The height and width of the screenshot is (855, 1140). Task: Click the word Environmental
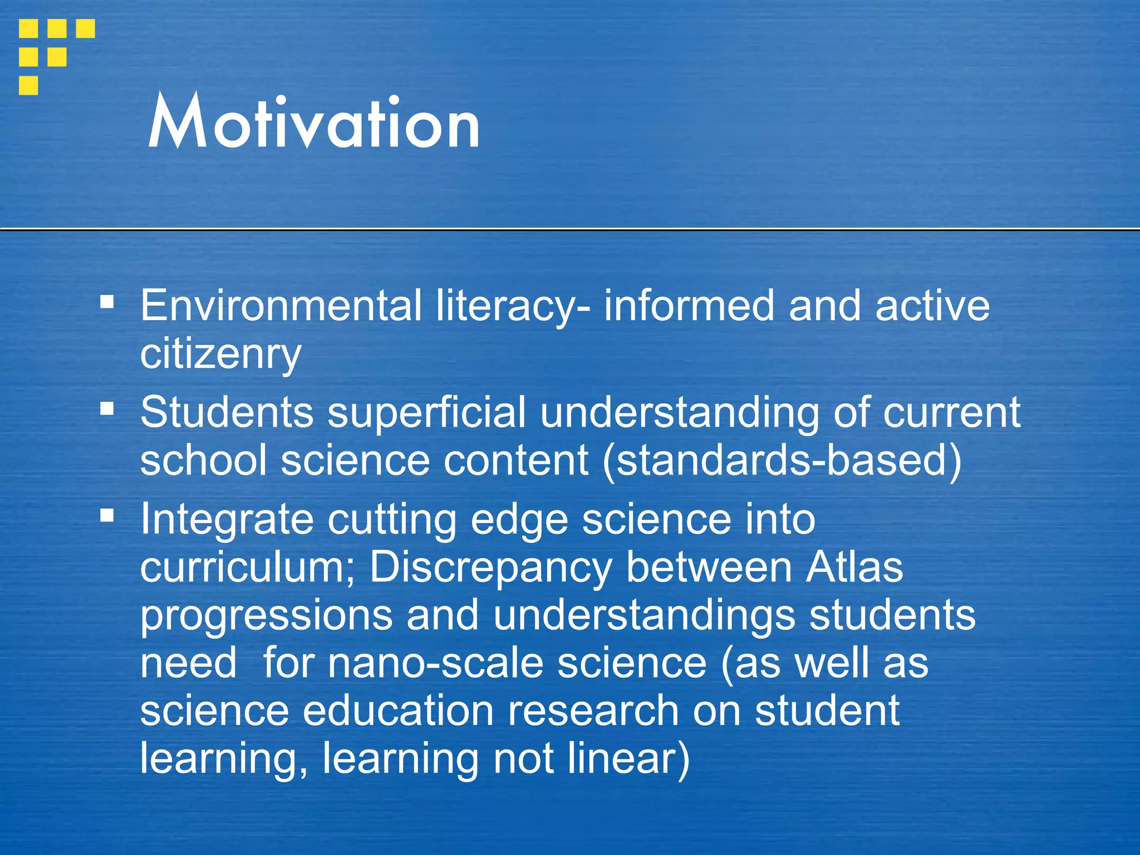click(281, 306)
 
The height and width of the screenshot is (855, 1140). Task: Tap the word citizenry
click(220, 354)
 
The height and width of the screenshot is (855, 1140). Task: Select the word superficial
click(426, 412)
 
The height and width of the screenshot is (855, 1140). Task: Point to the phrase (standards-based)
click(782, 461)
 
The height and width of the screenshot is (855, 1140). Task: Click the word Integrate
click(227, 519)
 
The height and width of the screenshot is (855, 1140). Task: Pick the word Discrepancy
click(490, 567)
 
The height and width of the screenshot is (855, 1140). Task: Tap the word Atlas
click(854, 567)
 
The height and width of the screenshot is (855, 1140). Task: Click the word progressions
click(266, 616)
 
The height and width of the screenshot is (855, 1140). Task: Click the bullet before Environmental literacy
click(107, 303)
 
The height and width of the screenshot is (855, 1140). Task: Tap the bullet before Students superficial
click(107, 410)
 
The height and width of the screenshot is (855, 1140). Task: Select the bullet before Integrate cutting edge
click(107, 516)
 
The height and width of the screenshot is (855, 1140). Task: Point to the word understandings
click(644, 616)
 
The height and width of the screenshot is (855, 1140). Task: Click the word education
click(399, 711)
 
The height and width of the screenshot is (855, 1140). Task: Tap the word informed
click(689, 306)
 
